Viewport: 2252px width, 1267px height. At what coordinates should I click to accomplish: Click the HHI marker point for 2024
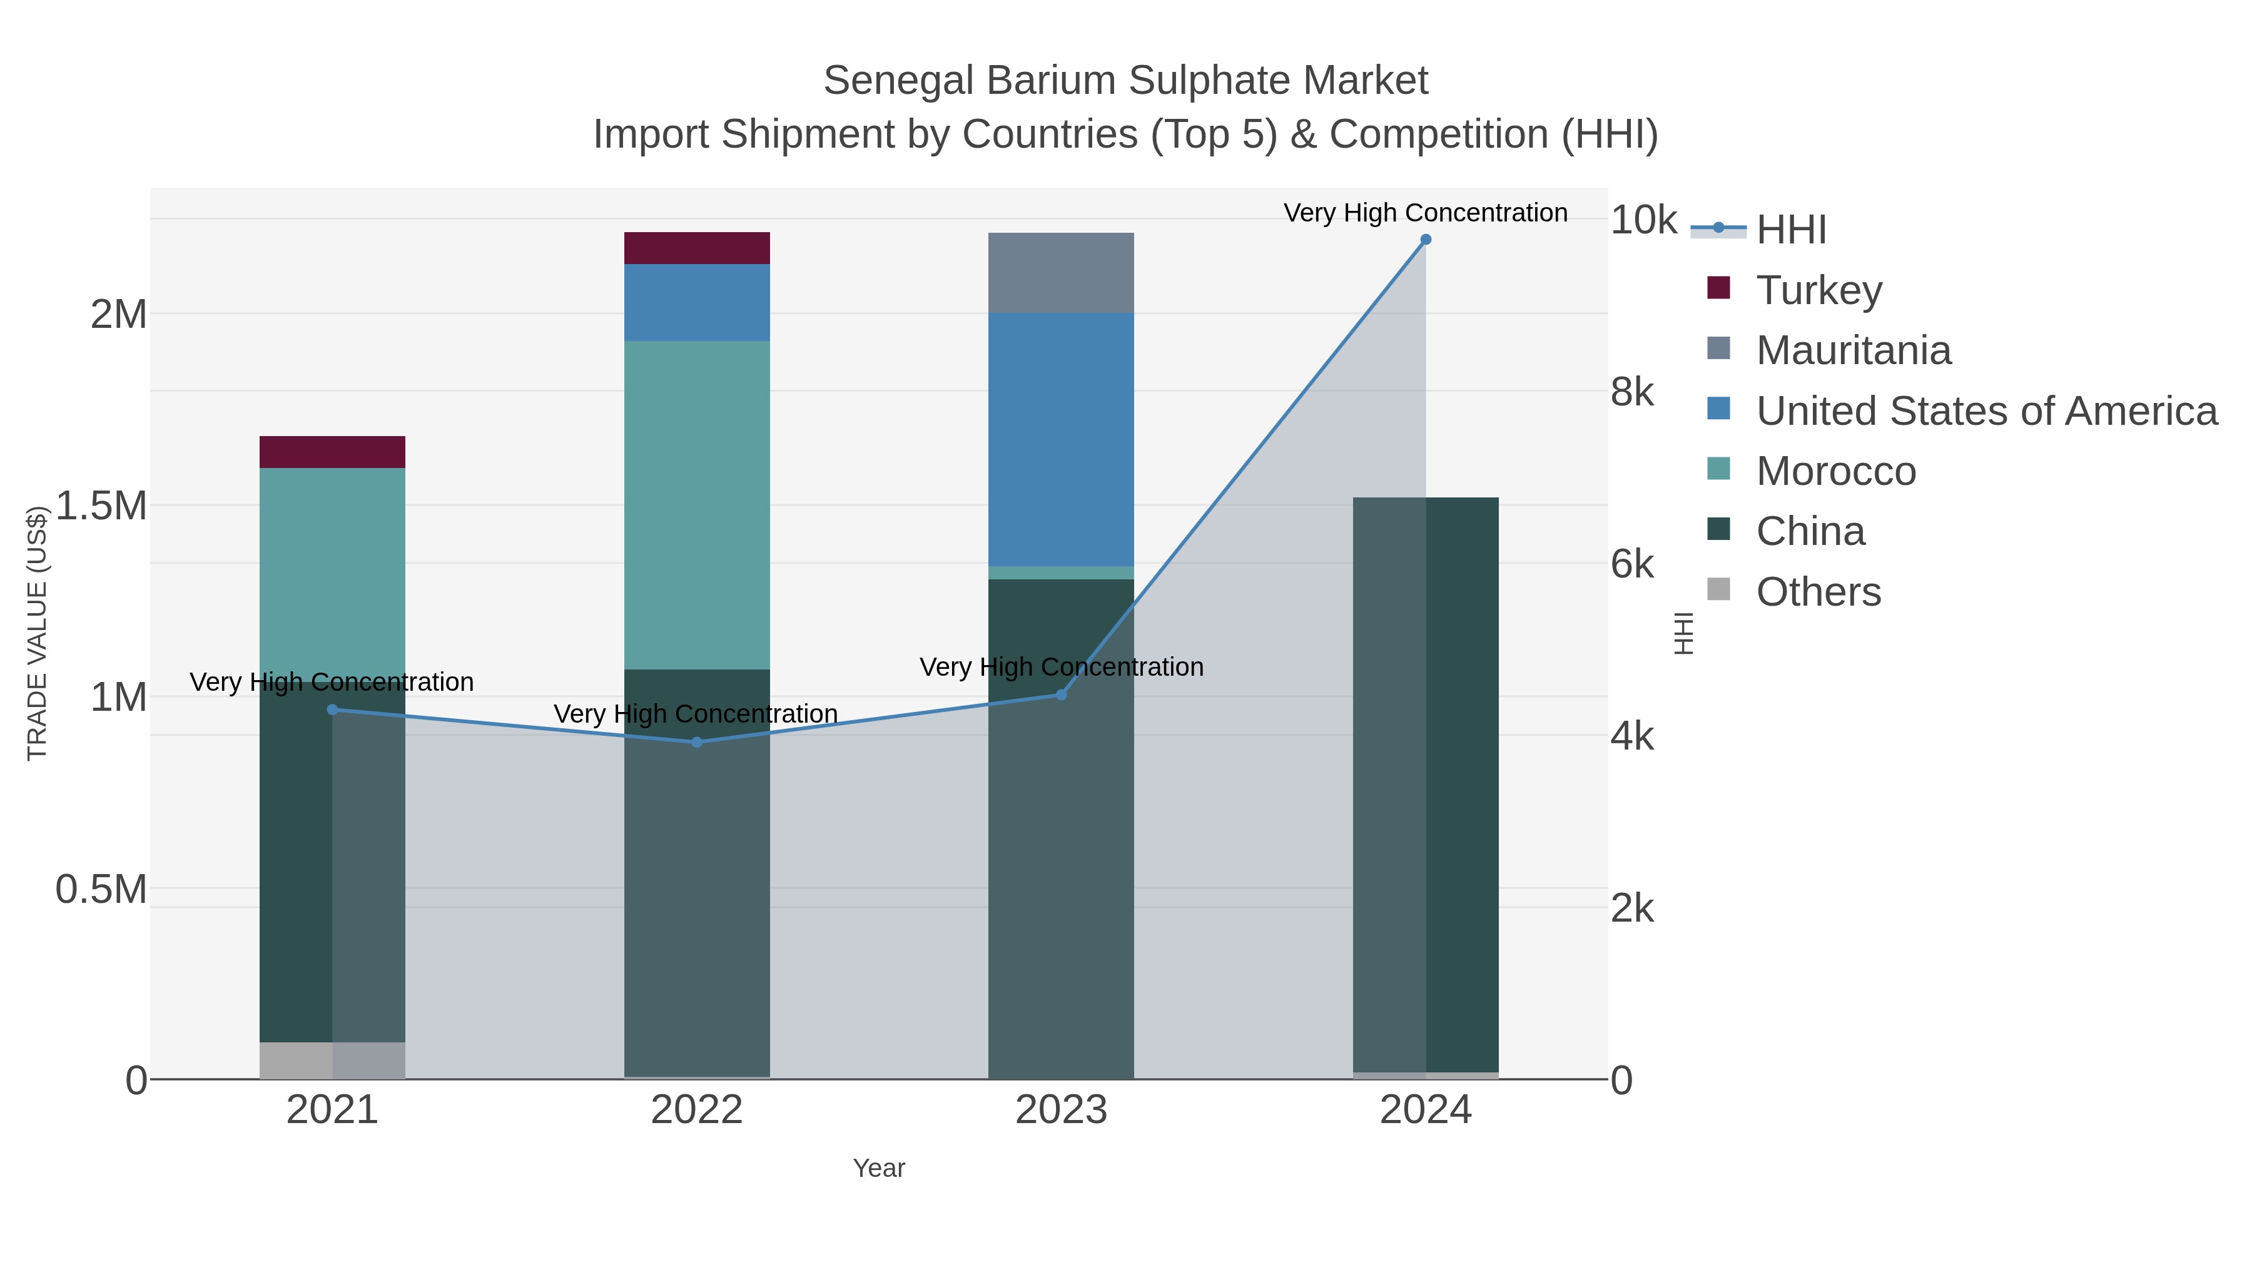pos(1425,240)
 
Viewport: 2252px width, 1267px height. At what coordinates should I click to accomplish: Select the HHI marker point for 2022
pos(697,742)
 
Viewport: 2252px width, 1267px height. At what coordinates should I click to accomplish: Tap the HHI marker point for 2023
pos(1062,695)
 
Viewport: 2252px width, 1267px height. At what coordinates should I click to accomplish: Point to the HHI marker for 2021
pos(332,710)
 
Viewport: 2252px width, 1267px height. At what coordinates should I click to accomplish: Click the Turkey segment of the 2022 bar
pos(697,248)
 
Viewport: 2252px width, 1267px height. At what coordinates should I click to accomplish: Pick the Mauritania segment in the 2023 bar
pos(1062,273)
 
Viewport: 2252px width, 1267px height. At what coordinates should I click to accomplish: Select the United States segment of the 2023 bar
pos(1062,440)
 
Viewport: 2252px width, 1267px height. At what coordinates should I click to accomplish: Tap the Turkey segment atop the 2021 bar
pos(332,452)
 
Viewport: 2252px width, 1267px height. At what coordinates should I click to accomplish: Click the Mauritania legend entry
pos(1854,350)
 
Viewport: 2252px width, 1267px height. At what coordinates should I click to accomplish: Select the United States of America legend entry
pos(1986,411)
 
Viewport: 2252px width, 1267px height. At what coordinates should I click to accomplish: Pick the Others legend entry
pos(1818,592)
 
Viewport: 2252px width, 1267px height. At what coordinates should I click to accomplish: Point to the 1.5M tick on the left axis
pos(101,506)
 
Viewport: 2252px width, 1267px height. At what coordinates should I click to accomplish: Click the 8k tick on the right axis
pos(1632,392)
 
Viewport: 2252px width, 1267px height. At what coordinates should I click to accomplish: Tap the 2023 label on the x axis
pos(1062,1111)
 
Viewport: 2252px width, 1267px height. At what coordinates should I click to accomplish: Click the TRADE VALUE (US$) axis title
pos(37,633)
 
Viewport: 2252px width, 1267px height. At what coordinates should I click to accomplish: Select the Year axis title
pos(879,1168)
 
